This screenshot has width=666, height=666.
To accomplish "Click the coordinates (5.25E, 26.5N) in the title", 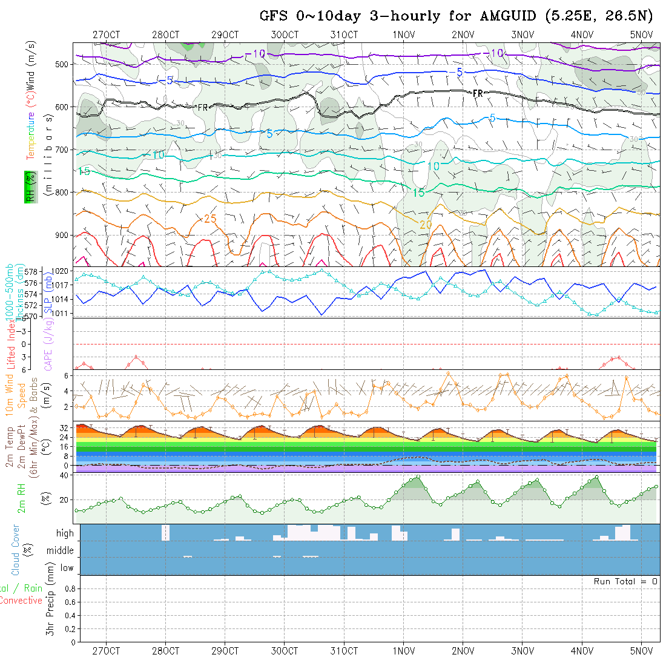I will pyautogui.click(x=598, y=16).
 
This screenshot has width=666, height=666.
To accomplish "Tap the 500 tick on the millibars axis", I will pyautogui.click(x=64, y=64).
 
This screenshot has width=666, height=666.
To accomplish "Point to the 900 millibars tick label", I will pyautogui.click(x=64, y=235).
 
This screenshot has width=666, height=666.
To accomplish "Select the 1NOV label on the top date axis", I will pyautogui.click(x=403, y=35).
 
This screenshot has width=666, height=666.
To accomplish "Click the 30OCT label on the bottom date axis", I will pyautogui.click(x=285, y=651).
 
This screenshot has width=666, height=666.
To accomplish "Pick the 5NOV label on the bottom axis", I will pyautogui.click(x=641, y=651).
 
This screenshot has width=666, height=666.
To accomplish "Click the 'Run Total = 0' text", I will pyautogui.click(x=625, y=581).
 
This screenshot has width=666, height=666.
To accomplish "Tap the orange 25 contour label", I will pyautogui.click(x=210, y=219).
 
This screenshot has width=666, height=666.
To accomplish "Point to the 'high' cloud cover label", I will pyautogui.click(x=65, y=533).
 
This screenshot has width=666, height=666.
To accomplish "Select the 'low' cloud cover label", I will pyautogui.click(x=67, y=568).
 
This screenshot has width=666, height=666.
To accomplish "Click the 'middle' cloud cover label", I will pyautogui.click(x=61, y=551).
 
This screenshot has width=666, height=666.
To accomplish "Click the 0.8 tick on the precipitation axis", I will pyautogui.click(x=69, y=589).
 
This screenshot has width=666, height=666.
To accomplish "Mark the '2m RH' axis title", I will pyautogui.click(x=22, y=498).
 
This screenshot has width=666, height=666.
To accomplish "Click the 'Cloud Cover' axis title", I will pyautogui.click(x=16, y=550).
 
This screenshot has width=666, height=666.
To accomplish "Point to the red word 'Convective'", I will pyautogui.click(x=21, y=601).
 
